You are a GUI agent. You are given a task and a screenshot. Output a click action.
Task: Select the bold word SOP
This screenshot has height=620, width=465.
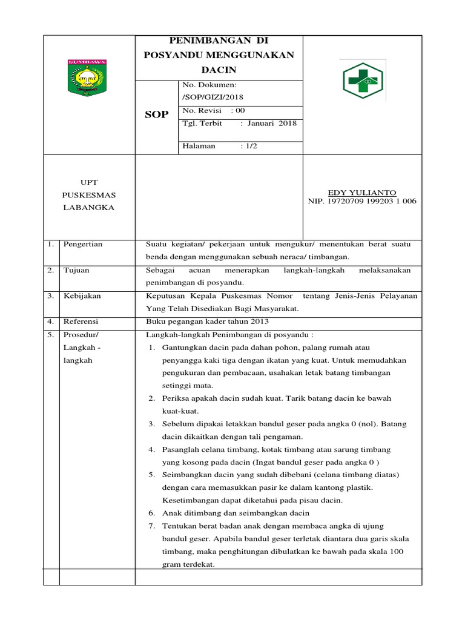tap(156, 115)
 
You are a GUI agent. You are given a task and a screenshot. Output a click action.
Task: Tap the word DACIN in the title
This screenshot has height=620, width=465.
tap(218, 70)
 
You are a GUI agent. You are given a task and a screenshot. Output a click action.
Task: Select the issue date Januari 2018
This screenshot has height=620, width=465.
tap(272, 123)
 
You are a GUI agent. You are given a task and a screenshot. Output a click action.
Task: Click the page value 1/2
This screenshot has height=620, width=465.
tap(249, 147)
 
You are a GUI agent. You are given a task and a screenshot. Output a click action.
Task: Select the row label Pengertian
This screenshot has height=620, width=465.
tap(83, 244)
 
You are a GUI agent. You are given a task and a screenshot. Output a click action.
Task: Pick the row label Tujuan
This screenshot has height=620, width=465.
tap(76, 270)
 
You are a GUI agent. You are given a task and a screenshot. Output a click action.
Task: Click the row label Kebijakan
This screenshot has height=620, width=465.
tap(82, 296)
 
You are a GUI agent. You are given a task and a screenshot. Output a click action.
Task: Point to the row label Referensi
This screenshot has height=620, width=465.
tap(81, 322)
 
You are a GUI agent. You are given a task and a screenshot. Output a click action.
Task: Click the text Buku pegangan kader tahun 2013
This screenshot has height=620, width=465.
tap(207, 322)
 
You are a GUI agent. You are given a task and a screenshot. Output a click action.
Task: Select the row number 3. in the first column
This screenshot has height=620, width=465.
tap(51, 296)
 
